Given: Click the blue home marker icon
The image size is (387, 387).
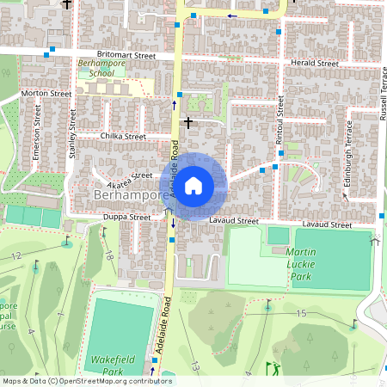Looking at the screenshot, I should click(x=193, y=185).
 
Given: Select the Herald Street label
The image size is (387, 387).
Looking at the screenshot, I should click(x=315, y=63).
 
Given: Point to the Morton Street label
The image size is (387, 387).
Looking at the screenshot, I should click(x=46, y=93).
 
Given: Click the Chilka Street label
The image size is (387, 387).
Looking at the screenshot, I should click(x=124, y=136).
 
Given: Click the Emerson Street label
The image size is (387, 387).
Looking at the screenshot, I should click(x=37, y=133).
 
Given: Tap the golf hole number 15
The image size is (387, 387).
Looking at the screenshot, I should click(x=301, y=314).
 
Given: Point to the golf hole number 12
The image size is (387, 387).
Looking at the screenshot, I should click(x=15, y=256).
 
